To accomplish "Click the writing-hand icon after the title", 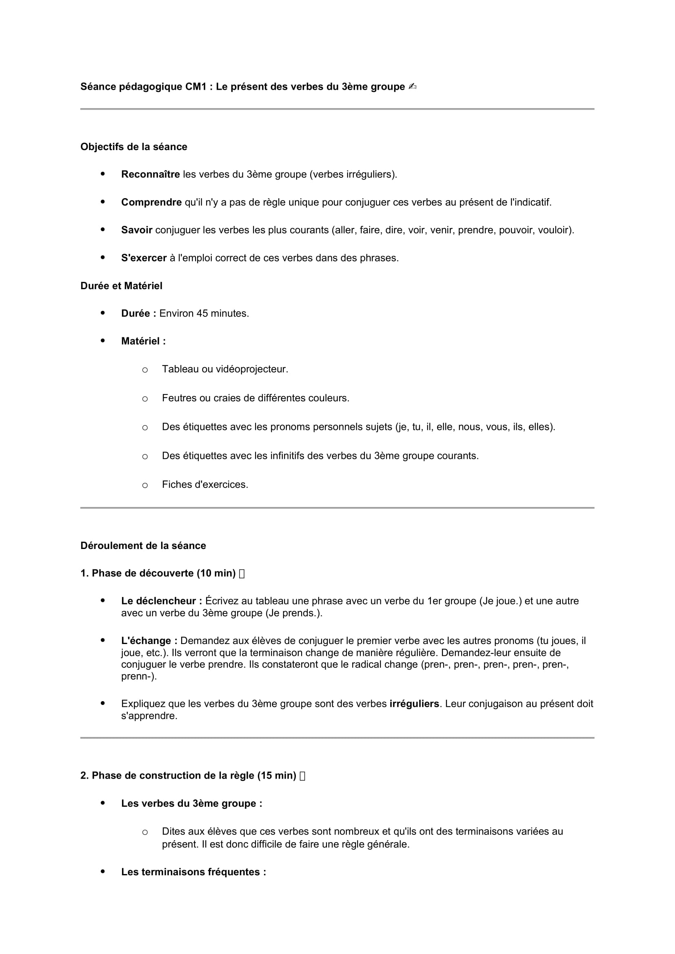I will tap(412, 87).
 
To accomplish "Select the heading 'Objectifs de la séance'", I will tap(133, 147).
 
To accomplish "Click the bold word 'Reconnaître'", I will tap(150, 175).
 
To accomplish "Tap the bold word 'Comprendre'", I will tap(151, 202).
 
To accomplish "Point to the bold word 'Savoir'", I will tap(137, 230).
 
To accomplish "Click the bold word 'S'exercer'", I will tap(144, 258).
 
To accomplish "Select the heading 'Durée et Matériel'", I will tap(121, 286).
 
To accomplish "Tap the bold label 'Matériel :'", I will tap(143, 341).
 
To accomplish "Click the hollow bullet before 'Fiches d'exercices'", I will tap(144, 485).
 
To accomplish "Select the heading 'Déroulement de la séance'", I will tap(143, 546).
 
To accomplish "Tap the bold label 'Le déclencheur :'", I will tap(162, 601).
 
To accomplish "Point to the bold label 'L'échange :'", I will tap(149, 641).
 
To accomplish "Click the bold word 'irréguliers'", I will tap(414, 704).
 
